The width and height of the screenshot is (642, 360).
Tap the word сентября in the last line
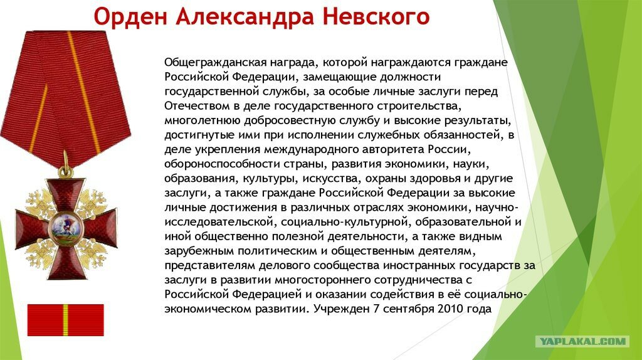[x=401, y=309]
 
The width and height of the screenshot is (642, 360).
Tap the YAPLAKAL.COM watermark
[x=582, y=341]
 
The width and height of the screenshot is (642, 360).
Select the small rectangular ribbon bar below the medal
[x=65, y=320]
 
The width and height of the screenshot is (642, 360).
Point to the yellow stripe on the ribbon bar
[x=65, y=320]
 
